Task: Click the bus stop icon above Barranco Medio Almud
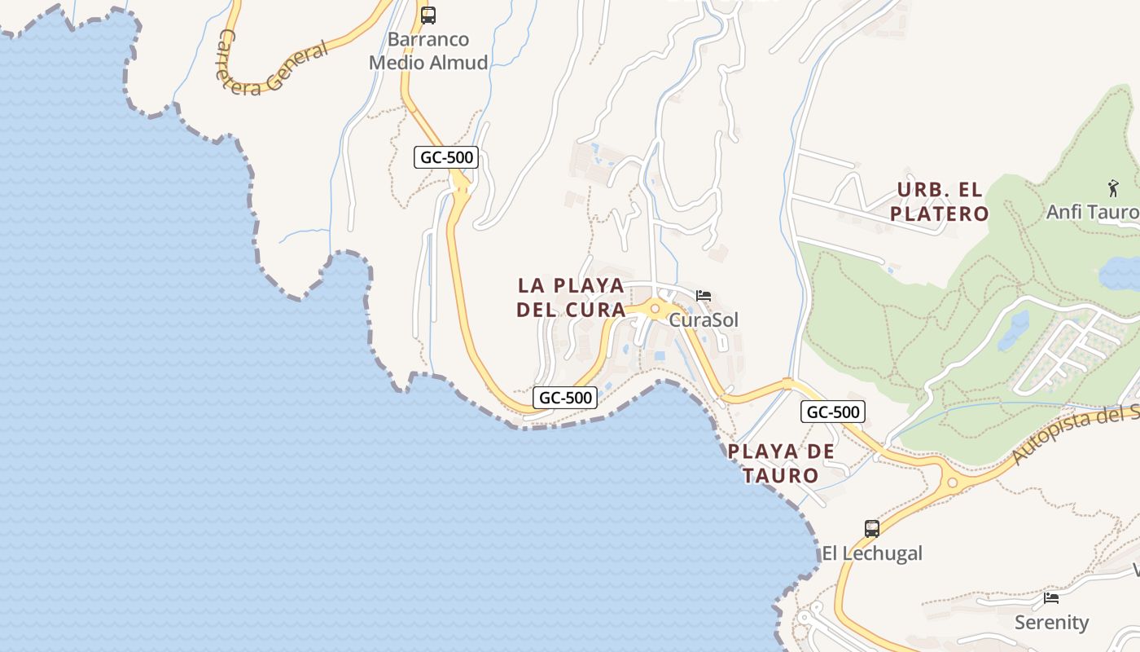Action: [428, 15]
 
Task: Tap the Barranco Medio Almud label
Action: [428, 51]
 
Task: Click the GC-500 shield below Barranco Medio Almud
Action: [446, 157]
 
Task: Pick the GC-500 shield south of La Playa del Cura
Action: [566, 398]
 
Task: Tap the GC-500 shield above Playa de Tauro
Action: [832, 412]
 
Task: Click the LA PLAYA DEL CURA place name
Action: [572, 297]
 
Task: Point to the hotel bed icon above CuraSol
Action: [704, 295]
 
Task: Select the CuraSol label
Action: [704, 319]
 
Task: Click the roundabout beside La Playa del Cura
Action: [655, 309]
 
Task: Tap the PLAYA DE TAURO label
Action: [782, 463]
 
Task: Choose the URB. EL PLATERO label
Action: [940, 202]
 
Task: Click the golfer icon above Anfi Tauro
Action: [1113, 187]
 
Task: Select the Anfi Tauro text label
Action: [1092, 212]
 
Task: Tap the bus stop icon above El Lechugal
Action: [872, 528]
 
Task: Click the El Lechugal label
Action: [872, 553]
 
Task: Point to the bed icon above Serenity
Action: [1051, 598]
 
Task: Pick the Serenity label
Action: [1051, 623]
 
